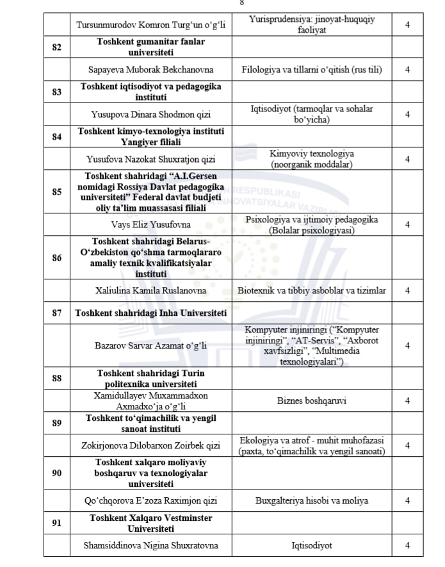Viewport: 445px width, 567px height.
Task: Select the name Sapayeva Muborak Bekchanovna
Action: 150,69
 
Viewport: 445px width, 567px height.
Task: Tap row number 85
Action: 57,192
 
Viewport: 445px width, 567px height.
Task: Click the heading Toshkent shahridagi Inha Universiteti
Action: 150,313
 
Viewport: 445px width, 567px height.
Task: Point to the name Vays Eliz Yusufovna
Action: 150,225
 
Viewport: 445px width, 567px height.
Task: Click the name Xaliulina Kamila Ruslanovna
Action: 150,291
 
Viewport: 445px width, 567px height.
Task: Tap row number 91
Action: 57,523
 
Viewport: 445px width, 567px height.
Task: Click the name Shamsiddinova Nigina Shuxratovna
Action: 150,546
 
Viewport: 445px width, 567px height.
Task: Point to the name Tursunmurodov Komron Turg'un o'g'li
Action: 150,26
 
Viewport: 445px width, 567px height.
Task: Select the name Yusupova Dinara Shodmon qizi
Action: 150,115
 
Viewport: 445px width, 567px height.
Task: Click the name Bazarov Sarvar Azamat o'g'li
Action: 150,346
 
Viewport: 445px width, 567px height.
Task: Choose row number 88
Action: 57,378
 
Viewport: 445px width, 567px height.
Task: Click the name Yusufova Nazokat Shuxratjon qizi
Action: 150,160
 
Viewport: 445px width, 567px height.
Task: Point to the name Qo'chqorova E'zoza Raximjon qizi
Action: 150,501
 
